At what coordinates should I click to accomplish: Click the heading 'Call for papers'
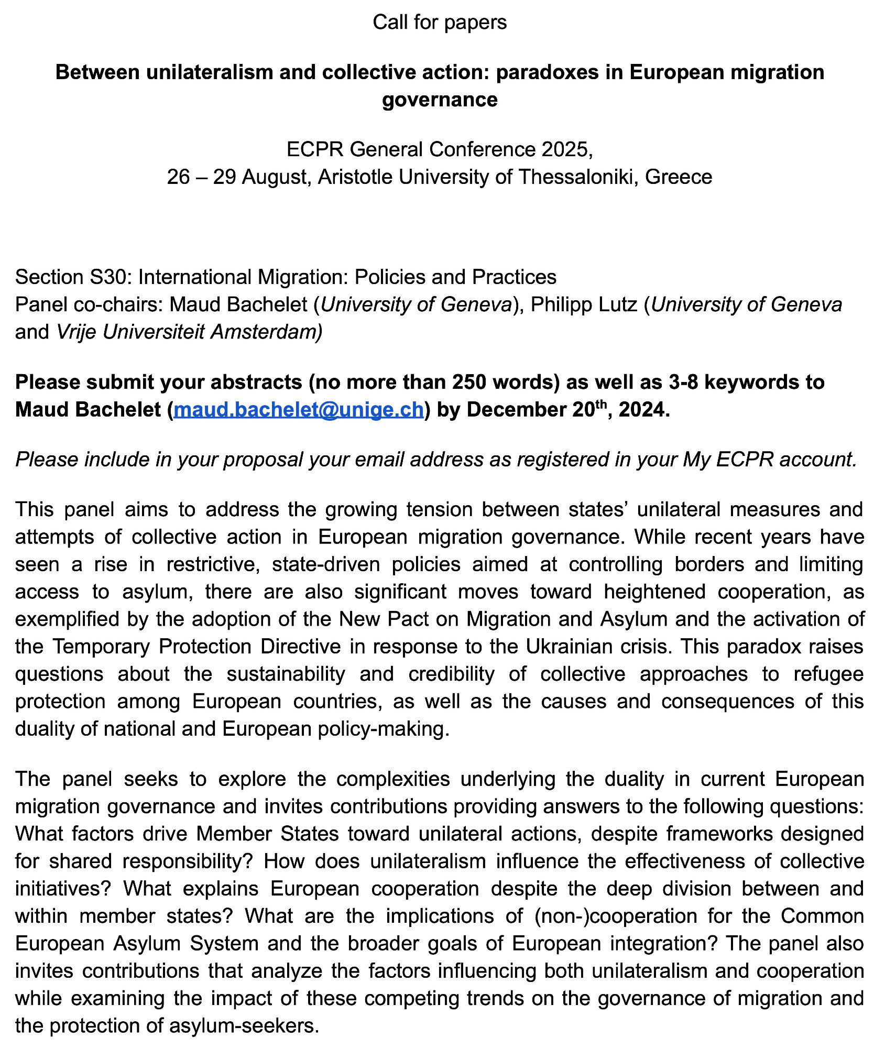point(440,22)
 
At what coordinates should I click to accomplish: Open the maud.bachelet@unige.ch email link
point(298,409)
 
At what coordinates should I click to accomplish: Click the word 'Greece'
point(679,177)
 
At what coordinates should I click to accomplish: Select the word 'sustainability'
point(286,673)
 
